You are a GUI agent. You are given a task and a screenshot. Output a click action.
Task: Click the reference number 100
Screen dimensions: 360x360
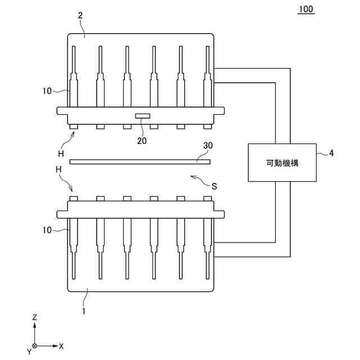pos(306,9)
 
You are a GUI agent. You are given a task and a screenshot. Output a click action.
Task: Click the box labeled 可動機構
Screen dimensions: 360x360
pos(282,163)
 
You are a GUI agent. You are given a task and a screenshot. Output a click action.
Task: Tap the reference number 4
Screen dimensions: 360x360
pos(331,153)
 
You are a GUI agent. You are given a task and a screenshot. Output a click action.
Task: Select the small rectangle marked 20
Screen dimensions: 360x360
pos(142,116)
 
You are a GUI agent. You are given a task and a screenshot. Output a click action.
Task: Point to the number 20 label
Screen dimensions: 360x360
pos(142,141)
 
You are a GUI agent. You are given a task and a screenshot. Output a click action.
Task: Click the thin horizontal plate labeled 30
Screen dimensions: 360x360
pos(140,162)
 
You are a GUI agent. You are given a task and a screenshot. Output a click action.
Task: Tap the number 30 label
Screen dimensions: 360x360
pos(208,145)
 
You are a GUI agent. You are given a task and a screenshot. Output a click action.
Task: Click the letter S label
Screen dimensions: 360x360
pos(214,186)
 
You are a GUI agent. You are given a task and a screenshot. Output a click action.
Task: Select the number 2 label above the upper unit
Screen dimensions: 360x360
pos(80,15)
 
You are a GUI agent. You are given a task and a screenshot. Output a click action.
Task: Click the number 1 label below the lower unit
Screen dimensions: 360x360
pos(84,311)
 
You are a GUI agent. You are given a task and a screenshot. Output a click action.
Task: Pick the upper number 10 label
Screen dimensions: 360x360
pos(47,91)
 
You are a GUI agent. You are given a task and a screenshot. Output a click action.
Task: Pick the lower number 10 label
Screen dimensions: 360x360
pos(47,230)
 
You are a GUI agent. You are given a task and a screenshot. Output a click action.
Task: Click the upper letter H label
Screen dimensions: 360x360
pos(61,154)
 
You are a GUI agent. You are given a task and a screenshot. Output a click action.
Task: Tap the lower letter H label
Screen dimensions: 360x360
pos(58,170)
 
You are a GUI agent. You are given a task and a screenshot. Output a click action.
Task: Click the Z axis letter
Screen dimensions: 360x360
pos(35,317)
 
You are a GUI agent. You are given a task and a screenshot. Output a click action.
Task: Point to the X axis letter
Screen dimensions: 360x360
pos(61,346)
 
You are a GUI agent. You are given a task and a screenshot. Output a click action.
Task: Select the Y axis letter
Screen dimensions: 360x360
pos(29,351)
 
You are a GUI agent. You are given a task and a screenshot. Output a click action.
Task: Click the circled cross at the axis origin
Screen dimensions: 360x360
pos(35,346)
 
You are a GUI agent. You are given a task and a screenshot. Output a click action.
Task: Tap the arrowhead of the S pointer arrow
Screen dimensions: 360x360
pos(192,177)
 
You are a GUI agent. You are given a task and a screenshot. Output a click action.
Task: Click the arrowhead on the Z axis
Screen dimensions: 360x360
pos(35,325)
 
